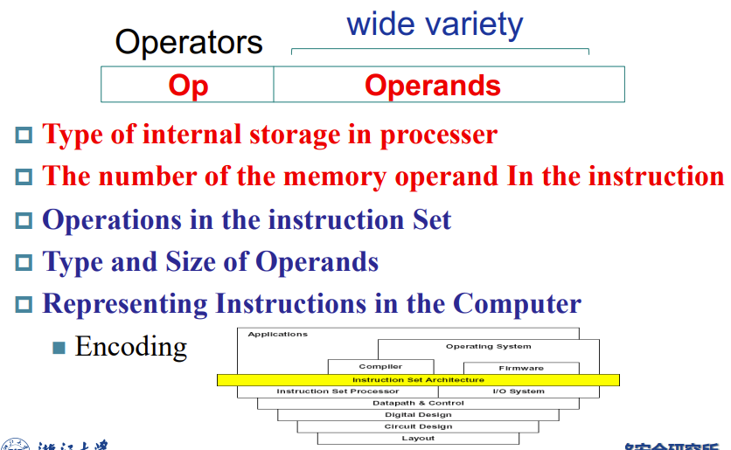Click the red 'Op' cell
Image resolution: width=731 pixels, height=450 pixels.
(x=188, y=86)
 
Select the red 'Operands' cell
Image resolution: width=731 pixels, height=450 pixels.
(x=433, y=86)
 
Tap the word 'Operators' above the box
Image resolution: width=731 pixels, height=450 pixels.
(x=189, y=42)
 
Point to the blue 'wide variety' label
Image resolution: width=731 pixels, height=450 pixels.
(x=435, y=24)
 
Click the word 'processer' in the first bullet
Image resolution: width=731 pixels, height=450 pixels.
(x=438, y=135)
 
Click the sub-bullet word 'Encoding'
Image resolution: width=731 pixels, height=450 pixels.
(x=131, y=347)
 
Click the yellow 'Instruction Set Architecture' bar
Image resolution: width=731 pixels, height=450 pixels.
(x=418, y=380)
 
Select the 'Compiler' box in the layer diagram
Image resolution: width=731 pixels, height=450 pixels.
(x=380, y=367)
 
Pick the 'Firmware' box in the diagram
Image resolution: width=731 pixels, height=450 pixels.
(x=521, y=368)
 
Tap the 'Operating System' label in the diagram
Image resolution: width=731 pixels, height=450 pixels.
(x=488, y=346)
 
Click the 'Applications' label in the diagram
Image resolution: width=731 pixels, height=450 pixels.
(x=278, y=334)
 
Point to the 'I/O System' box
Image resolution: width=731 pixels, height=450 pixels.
(x=519, y=391)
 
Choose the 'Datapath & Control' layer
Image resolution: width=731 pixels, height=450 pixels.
(x=418, y=403)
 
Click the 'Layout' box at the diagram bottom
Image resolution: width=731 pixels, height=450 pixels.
(x=418, y=438)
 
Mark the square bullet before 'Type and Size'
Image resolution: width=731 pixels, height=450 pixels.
(x=24, y=262)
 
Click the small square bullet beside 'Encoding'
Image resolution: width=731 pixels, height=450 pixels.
(x=59, y=348)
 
